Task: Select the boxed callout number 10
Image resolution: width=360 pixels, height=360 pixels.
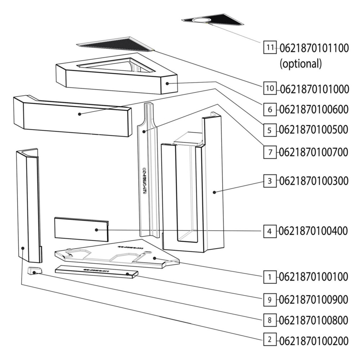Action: coord(270,88)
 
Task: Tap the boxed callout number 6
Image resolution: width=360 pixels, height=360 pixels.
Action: coord(270,109)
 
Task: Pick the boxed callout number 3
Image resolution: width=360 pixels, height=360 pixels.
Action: coord(270,181)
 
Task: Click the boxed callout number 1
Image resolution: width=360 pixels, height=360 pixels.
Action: coord(270,276)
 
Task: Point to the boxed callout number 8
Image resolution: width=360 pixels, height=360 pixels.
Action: coord(270,319)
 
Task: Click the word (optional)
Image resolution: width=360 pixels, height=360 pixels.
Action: coord(301,64)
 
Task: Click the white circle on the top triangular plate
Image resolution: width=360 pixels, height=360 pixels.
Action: coord(203,19)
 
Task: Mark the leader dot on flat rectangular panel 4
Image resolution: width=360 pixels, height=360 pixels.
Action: coord(96,229)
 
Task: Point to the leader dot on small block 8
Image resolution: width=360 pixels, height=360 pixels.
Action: coord(35,273)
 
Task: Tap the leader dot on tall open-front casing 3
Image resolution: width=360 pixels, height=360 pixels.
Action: coord(214,192)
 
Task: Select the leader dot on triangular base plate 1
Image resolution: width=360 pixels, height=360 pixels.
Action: coord(154,258)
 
